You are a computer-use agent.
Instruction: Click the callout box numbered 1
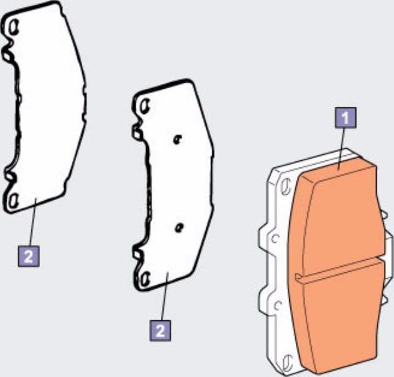(345, 117)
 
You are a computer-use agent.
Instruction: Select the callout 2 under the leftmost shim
(29, 256)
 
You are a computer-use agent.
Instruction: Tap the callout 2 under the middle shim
(160, 330)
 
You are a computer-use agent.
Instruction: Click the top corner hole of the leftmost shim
(13, 27)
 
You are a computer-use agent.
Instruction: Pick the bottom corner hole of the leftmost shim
(13, 200)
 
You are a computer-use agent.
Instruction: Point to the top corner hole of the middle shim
(145, 105)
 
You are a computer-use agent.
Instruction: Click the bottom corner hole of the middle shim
(145, 278)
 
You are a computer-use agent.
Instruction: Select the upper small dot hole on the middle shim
(178, 139)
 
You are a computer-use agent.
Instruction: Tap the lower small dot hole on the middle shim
(179, 227)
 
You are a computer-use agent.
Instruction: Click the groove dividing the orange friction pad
(339, 272)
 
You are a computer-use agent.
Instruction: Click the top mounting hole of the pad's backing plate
(285, 187)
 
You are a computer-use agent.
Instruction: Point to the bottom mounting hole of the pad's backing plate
(286, 362)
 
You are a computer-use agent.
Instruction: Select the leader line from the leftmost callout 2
(33, 222)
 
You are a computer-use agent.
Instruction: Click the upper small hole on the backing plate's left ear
(275, 238)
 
